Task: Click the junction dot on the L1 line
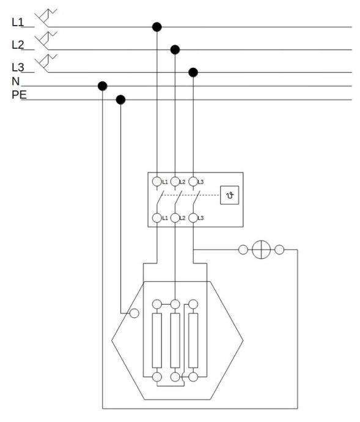point(157,27)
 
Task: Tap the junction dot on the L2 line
point(175,50)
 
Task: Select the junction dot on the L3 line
point(193,72)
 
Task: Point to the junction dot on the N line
point(103,86)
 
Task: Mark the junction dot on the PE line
point(120,100)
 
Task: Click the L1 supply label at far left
point(18,23)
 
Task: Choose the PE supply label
point(19,95)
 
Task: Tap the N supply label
point(16,81)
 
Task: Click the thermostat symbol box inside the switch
point(229,195)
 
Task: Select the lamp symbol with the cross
point(261,250)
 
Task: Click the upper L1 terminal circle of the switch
point(157,182)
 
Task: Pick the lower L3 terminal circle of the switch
point(193,218)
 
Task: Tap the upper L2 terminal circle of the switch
point(175,182)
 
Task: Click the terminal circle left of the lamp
point(243,250)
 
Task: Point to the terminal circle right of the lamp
point(279,250)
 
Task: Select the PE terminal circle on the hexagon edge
point(134,313)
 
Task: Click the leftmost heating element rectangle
point(157,341)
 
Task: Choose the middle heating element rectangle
point(175,341)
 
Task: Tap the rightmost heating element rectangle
point(193,341)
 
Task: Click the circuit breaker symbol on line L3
point(46,63)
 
